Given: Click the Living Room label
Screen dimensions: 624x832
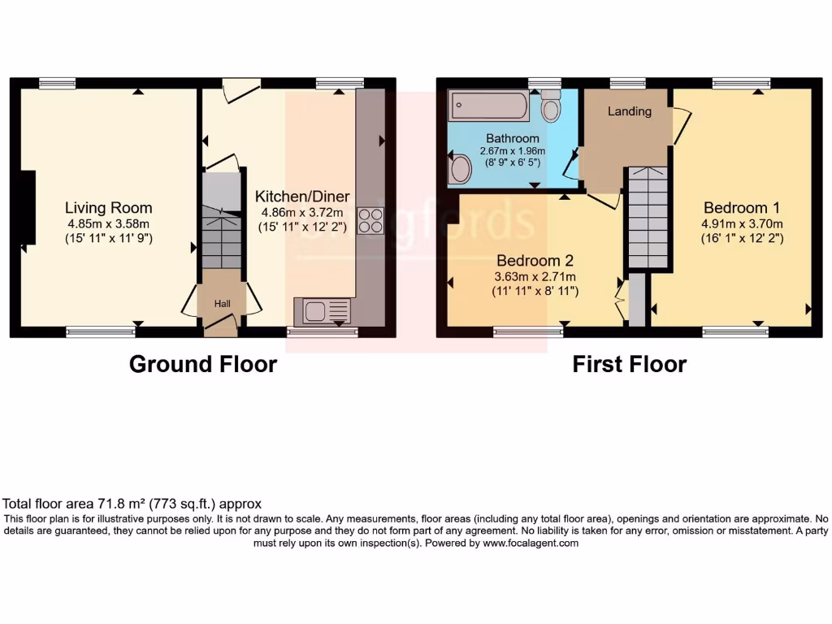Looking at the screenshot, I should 109,208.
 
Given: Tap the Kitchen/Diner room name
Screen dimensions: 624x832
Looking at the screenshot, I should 302,197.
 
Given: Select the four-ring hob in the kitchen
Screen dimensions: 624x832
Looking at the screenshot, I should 370,220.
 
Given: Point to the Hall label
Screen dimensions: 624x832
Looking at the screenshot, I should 222,304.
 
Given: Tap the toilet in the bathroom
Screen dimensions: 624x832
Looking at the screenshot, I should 552,106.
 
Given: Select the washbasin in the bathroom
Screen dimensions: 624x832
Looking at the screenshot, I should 461,169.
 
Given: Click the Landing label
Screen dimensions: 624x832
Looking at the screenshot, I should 630,111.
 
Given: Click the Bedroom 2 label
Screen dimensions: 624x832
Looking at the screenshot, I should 535,261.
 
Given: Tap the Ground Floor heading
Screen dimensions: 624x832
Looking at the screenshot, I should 203,364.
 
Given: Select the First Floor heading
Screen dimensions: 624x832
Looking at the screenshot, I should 629,364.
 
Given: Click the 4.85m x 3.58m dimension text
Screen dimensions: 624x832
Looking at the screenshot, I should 109,223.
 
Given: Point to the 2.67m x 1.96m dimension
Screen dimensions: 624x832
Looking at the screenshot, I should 512,151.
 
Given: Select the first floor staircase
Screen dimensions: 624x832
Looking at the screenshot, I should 647,218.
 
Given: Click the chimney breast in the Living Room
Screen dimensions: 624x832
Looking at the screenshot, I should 28,208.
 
